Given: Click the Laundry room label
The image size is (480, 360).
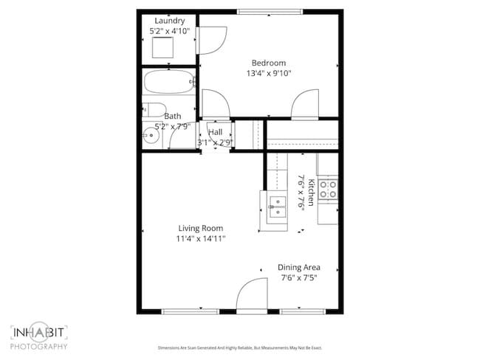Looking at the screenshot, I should coord(169,21).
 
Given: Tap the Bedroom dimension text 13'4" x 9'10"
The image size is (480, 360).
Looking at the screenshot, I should coord(269,73).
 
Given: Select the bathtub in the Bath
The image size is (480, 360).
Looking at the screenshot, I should coord(168,83).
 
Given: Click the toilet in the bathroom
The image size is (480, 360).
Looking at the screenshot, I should coord(153,111).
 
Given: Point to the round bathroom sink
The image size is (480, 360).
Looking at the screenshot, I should coord(152,136).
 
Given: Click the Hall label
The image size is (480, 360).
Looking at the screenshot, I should coord(216,132).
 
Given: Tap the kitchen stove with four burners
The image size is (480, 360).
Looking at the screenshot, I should coord(327,189).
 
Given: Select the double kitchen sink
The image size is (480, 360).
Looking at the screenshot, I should coord(278,207).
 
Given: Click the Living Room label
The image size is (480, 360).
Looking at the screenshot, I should coord(200,228).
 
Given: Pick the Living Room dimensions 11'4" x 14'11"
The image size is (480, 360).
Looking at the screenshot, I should coord(200,238).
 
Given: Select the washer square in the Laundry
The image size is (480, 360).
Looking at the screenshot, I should coord(162,48).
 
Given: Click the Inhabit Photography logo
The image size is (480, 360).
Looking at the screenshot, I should coord(39,337).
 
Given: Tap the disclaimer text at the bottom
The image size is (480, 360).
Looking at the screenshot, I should coord(239,347).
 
